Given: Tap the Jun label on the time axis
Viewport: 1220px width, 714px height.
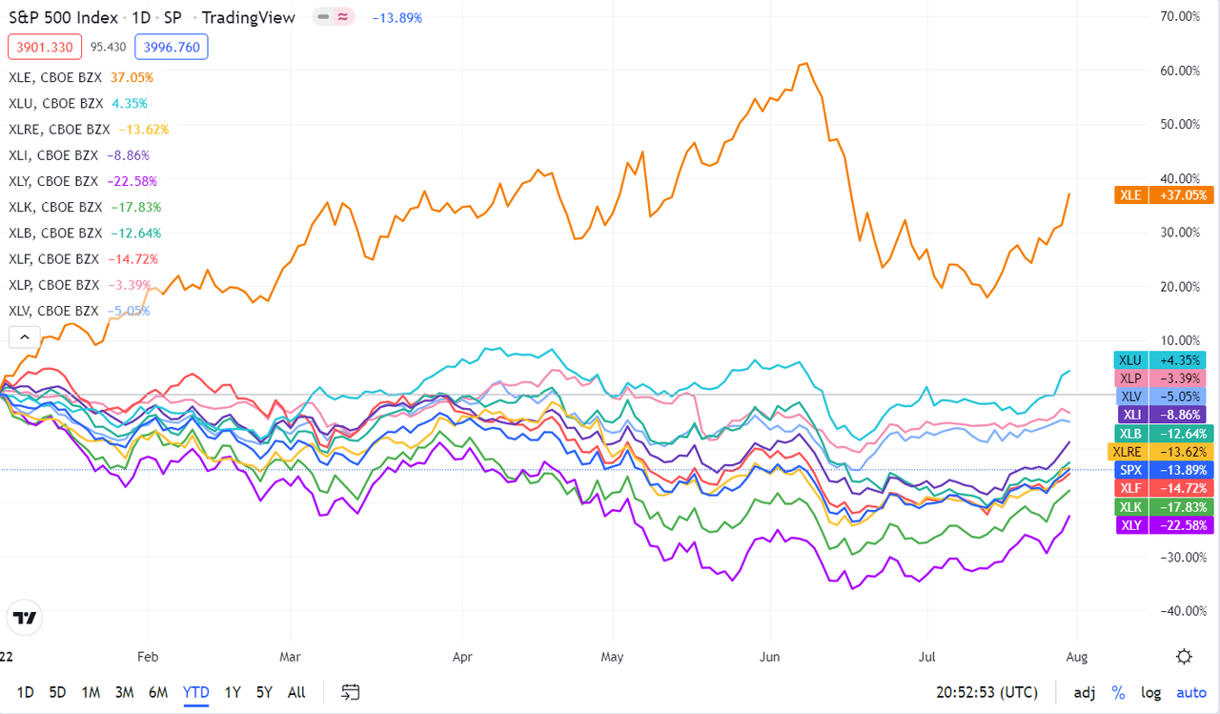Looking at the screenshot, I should click(770, 657).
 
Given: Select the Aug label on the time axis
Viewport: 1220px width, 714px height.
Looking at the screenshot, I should click(1076, 657).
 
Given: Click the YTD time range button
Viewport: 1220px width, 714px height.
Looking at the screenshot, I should click(195, 692).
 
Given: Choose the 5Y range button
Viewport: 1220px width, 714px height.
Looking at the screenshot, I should click(264, 692).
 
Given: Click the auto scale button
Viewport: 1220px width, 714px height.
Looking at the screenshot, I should click(1190, 692).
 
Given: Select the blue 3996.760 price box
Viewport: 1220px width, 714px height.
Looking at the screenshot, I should click(172, 46).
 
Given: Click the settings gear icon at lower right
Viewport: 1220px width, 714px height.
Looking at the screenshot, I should click(1184, 656).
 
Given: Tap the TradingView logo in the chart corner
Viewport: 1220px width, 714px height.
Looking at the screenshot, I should click(26, 618).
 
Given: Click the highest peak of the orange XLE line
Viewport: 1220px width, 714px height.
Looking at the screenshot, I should click(806, 64).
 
